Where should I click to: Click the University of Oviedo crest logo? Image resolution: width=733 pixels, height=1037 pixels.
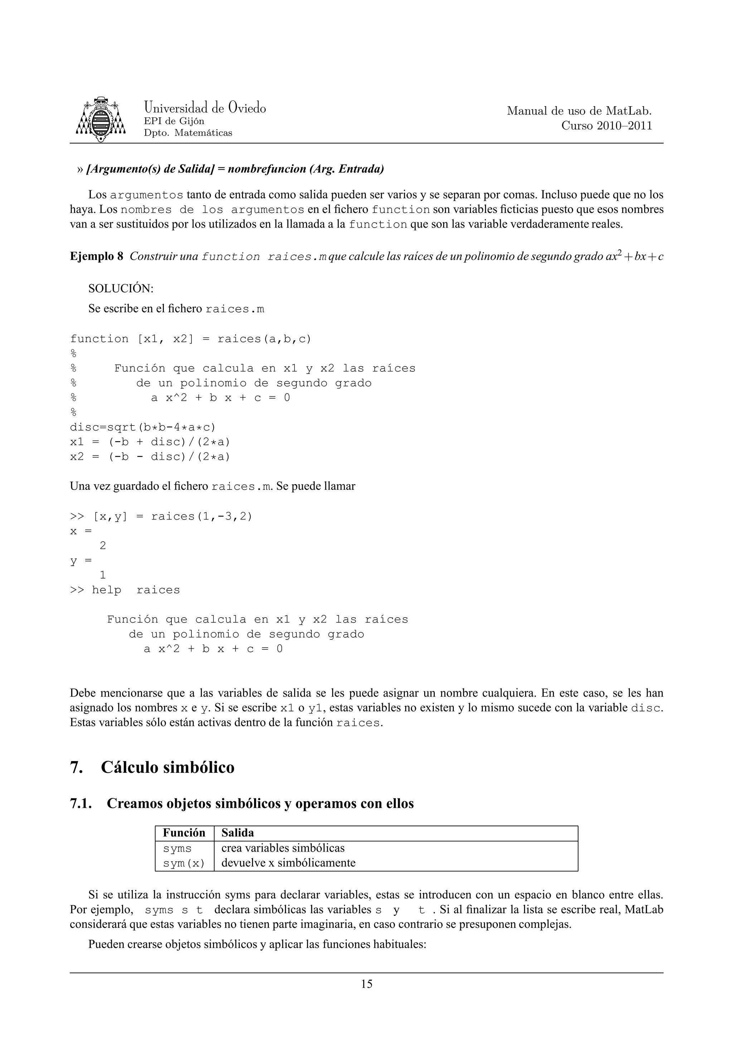100,119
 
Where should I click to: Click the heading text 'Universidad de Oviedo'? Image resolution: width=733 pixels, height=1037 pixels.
205,108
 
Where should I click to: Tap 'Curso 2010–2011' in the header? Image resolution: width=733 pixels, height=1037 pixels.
607,126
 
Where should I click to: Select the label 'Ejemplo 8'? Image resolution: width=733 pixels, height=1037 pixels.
96,257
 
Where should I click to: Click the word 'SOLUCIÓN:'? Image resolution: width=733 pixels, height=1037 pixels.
121,288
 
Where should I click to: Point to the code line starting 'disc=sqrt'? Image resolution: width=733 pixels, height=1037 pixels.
143,427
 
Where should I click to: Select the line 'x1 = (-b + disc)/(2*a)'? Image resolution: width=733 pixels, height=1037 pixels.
150,442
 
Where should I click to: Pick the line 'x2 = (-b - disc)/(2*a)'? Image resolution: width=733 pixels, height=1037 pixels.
150,457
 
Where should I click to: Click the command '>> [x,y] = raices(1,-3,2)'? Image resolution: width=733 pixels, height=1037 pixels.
161,516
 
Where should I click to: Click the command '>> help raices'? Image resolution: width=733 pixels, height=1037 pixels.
125,590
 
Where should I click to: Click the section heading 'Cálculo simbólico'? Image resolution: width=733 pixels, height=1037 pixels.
168,767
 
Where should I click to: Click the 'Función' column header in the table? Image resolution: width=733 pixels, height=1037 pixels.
184,833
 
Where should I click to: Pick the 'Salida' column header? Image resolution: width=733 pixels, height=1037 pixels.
238,833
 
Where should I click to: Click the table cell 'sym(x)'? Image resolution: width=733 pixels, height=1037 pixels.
184,863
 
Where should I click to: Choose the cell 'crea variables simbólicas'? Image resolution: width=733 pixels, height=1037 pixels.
283,848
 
